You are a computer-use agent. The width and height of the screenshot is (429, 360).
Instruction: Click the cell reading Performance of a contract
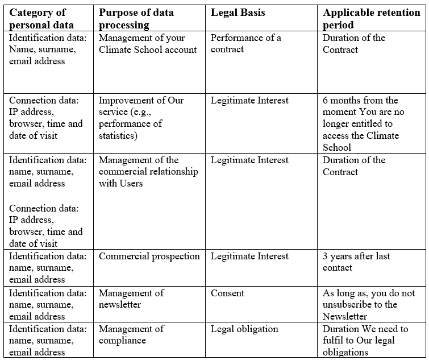(245, 44)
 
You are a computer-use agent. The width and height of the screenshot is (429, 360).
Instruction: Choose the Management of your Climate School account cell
(148, 44)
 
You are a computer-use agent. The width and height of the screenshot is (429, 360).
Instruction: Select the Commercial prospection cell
(149, 256)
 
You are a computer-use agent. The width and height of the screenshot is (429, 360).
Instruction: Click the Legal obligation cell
(244, 329)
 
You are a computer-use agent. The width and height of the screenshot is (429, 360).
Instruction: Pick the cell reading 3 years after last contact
(356, 262)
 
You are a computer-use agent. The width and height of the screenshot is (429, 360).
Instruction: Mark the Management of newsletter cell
(131, 299)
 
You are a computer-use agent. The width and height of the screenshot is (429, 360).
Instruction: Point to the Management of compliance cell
(131, 334)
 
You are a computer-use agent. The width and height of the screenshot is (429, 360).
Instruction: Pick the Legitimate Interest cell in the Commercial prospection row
(249, 256)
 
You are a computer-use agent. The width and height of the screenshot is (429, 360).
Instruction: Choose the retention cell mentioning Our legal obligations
(365, 340)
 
